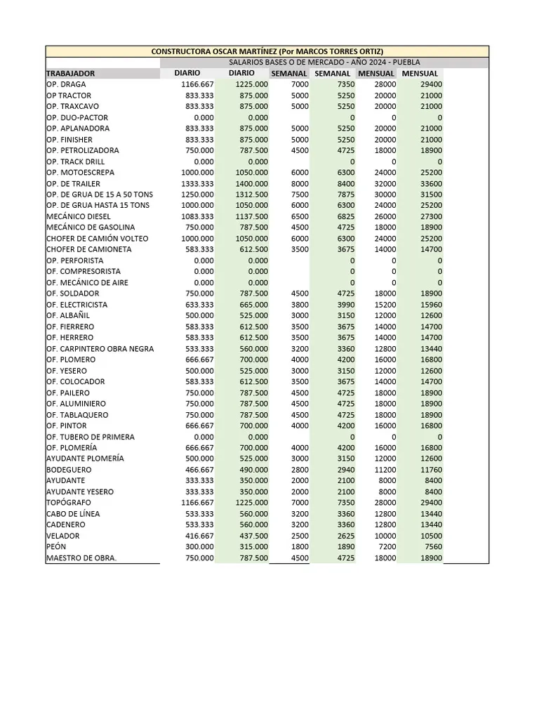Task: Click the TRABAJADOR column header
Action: click(x=71, y=73)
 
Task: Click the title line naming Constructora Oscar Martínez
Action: click(x=267, y=52)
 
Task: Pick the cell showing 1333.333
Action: click(x=197, y=183)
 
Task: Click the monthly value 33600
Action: click(x=430, y=183)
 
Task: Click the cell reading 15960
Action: click(x=430, y=305)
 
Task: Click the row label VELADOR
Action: click(x=64, y=536)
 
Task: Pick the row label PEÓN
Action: click(x=56, y=547)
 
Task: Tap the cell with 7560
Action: click(x=432, y=547)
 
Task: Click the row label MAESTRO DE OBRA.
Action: click(x=81, y=558)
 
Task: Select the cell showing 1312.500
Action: click(x=251, y=194)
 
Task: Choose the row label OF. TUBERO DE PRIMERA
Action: click(x=91, y=437)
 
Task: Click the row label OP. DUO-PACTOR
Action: click(x=77, y=117)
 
